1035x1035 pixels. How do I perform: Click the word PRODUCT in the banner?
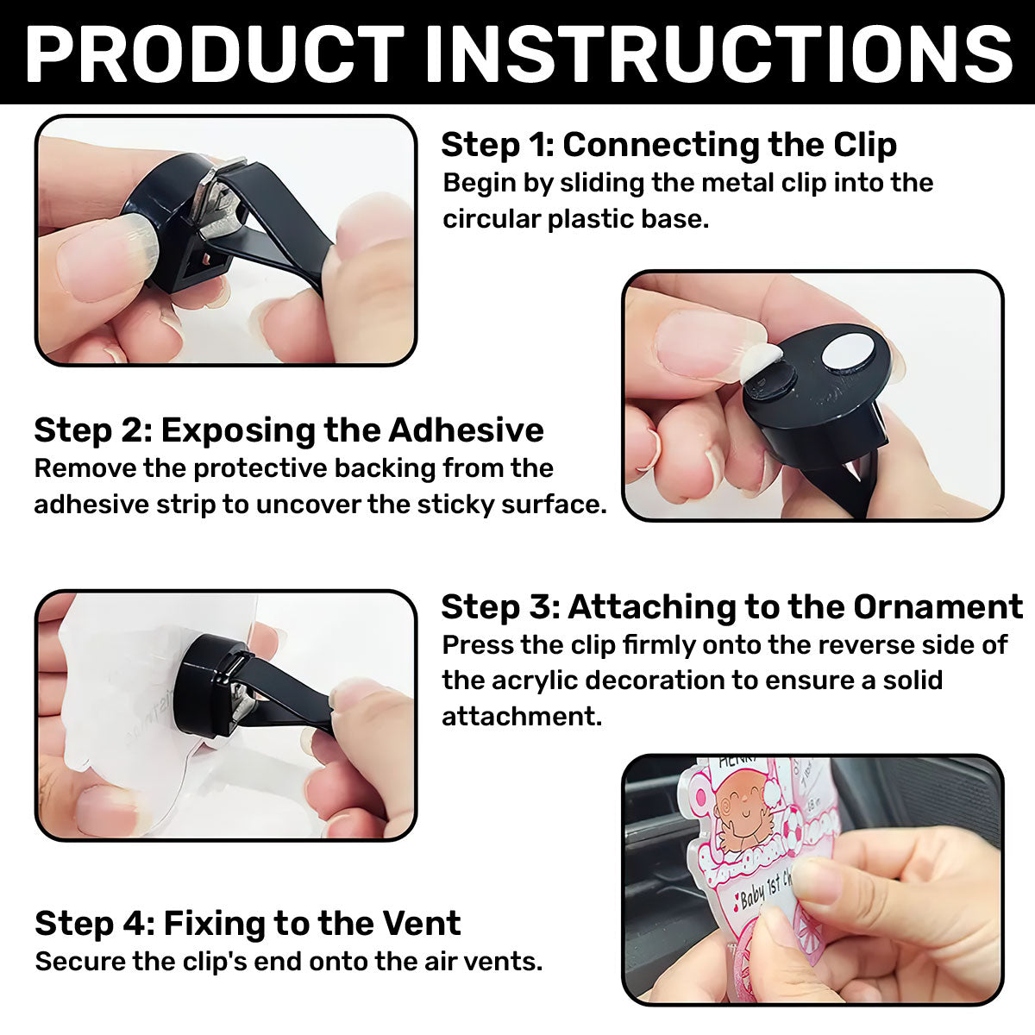tap(214, 53)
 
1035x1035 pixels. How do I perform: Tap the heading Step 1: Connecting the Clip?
tap(668, 145)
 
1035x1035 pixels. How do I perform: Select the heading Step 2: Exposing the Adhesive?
tap(289, 430)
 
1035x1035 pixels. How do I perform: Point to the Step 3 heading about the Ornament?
tap(731, 607)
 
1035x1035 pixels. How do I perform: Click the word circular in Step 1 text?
tap(491, 218)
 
